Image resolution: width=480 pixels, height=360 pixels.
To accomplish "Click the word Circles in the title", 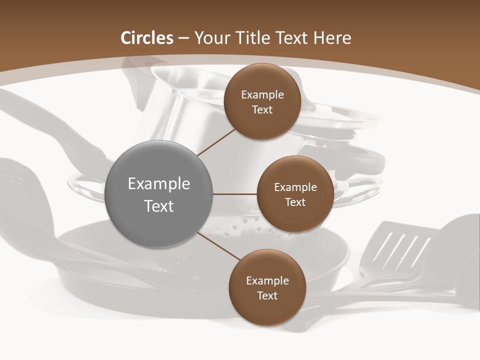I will [146, 38].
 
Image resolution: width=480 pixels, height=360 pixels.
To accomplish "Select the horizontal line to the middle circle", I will [235, 194].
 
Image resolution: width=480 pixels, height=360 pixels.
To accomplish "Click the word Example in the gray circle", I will [159, 184].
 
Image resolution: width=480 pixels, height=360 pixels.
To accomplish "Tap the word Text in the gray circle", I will [159, 206].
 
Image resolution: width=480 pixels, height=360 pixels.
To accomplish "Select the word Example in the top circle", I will [262, 95].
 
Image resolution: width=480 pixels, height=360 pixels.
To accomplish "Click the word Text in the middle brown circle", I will [295, 202].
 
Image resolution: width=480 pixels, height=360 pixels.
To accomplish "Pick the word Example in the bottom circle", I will [267, 281].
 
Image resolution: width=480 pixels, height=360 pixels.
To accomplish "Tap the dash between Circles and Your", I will [183, 38].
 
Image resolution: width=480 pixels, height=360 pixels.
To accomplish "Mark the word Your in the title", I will [208, 38].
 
